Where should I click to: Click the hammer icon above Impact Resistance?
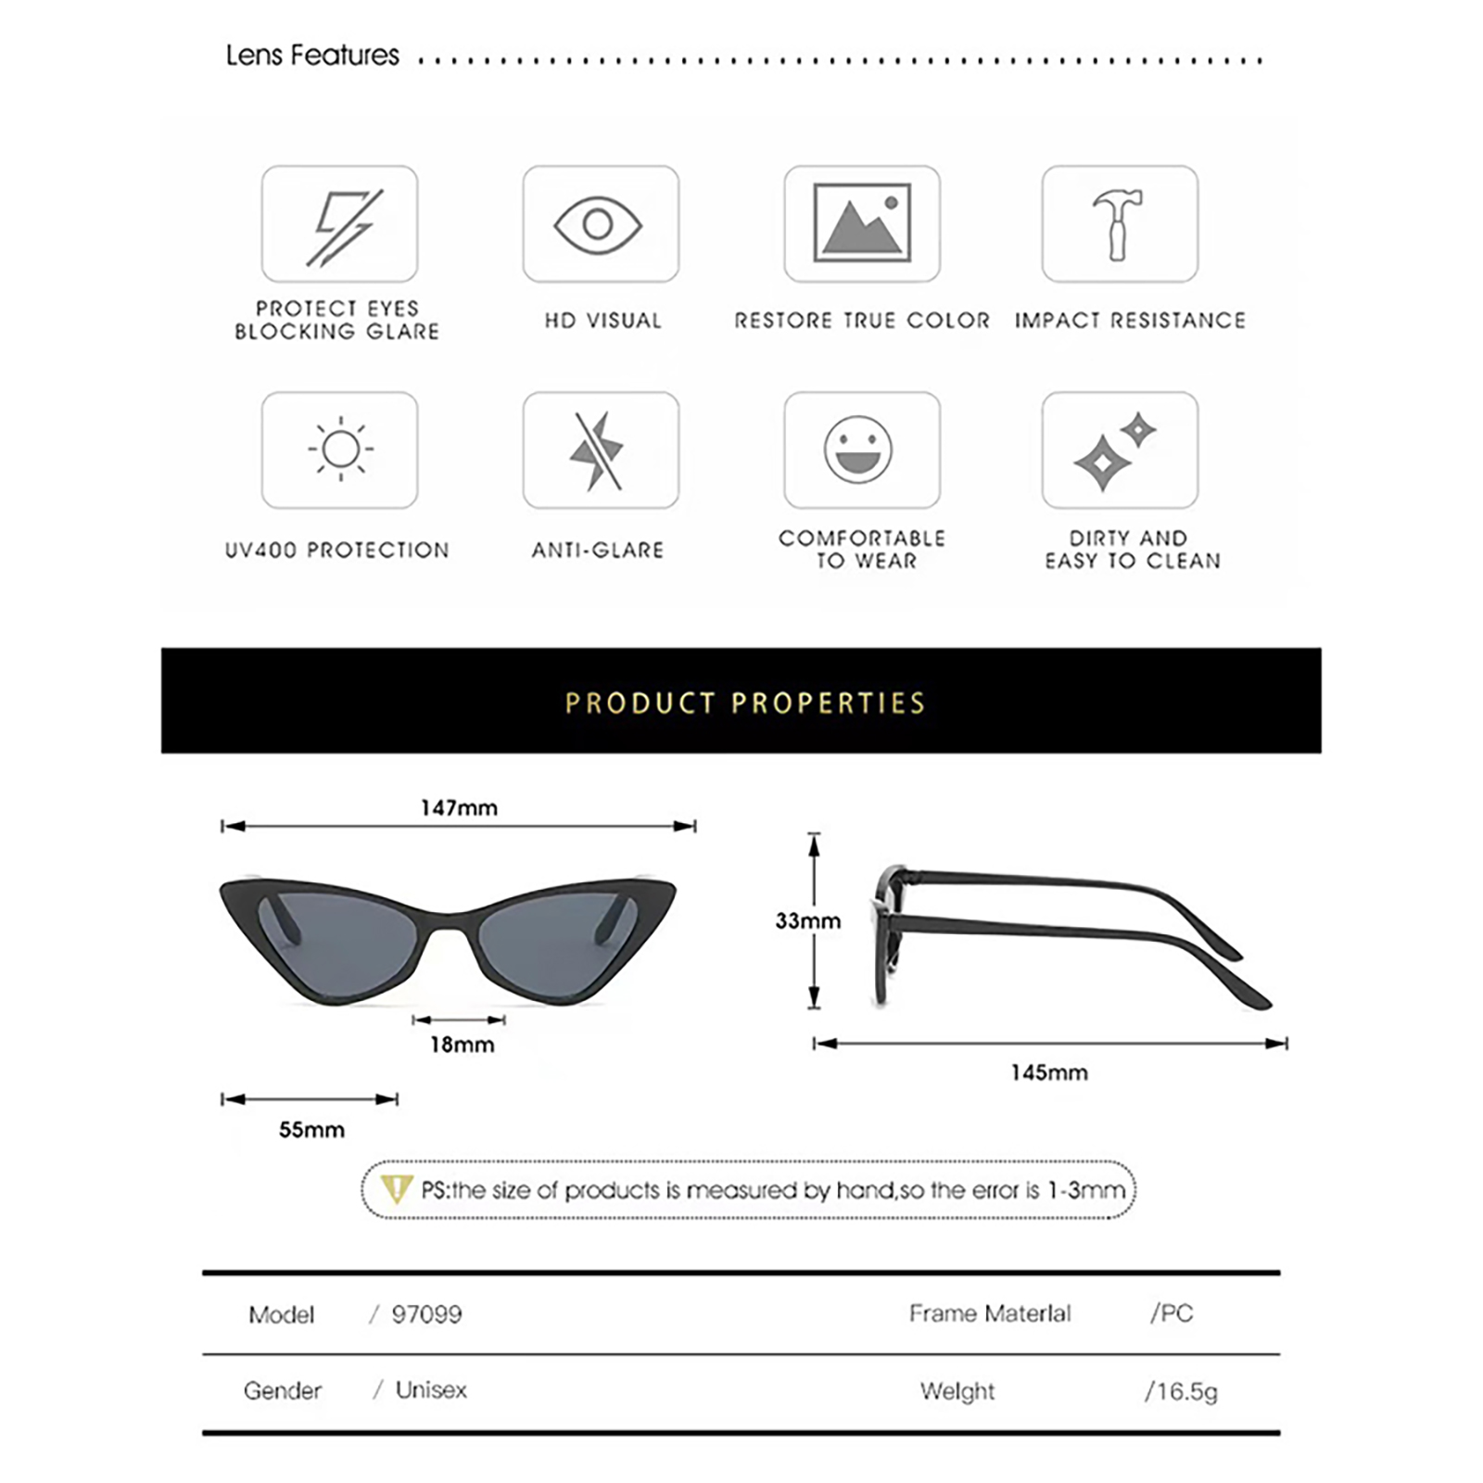(1119, 224)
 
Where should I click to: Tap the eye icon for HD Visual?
(599, 224)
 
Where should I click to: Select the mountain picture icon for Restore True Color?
(862, 222)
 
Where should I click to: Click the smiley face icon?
(859, 450)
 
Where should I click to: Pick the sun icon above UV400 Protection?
(340, 450)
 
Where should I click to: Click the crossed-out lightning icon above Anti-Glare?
(598, 451)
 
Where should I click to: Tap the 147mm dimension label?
(459, 808)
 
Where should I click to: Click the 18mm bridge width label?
(462, 1045)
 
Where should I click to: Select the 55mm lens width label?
(311, 1130)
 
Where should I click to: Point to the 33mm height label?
(807, 920)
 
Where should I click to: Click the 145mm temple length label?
(1049, 1072)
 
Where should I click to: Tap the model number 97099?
(426, 1314)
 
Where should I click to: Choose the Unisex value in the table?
(431, 1390)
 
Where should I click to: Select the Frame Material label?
(989, 1313)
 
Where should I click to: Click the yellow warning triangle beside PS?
(397, 1188)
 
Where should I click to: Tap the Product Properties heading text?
(745, 703)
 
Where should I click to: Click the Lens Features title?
(312, 56)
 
